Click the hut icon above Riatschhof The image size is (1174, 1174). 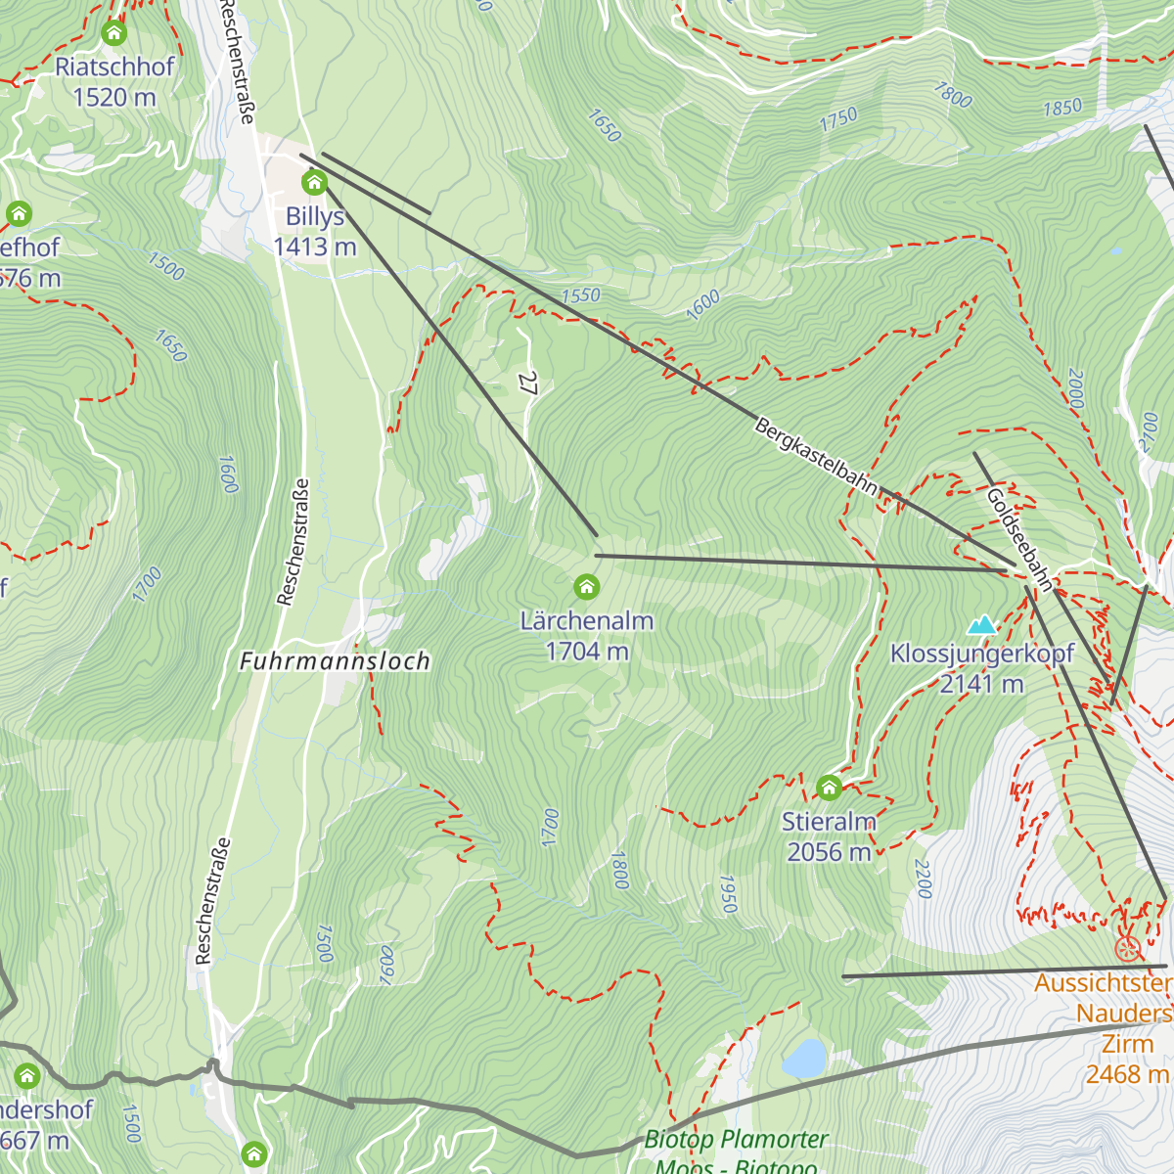point(114,33)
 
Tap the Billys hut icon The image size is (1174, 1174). point(314,182)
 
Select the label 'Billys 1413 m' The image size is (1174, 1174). point(315,232)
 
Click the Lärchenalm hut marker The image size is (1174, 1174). point(586,587)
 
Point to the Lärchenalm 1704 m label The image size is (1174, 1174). point(586,636)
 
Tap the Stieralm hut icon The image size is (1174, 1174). point(829,788)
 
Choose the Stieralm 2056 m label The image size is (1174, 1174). point(829,836)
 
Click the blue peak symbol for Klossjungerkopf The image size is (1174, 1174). point(981,624)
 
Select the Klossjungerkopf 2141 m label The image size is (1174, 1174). point(981,668)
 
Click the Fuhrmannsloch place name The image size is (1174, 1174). point(335,661)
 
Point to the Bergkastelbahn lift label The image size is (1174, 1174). point(816,457)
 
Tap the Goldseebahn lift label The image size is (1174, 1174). point(1020,540)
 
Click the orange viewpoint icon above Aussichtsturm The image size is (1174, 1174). point(1128,948)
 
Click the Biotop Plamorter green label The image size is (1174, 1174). point(736,1140)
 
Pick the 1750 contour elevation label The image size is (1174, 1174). point(838,119)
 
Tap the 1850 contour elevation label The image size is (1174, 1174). point(1062,107)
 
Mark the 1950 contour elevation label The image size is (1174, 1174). point(727,894)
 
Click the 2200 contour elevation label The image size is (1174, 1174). point(923,879)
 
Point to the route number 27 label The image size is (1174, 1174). point(529,383)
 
